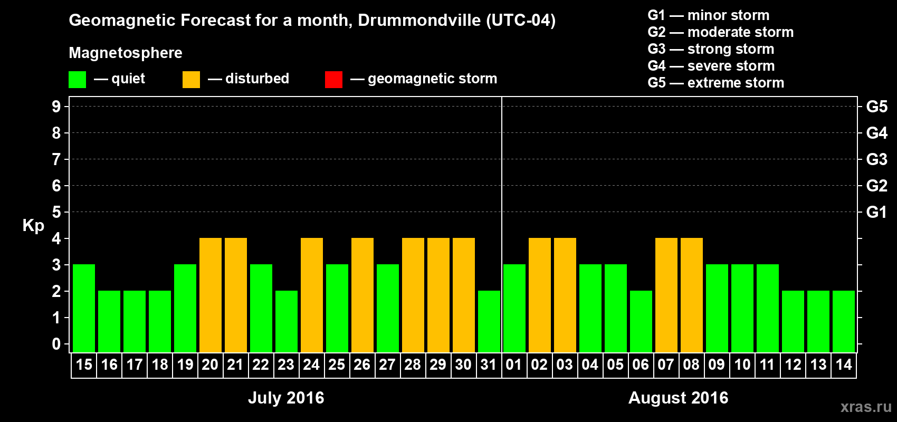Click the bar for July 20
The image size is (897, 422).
tap(211, 295)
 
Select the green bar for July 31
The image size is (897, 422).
tap(489, 321)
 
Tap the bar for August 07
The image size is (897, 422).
tap(666, 295)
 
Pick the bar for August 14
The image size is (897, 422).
tap(844, 321)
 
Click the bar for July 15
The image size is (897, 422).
tap(84, 308)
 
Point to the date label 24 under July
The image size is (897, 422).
tap(311, 365)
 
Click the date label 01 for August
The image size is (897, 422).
tap(514, 365)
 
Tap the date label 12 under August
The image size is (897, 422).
tap(793, 365)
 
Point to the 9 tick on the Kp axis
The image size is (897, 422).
tap(56, 107)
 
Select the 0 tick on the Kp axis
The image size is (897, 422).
tap(56, 344)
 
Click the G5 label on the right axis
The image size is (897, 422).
tap(876, 107)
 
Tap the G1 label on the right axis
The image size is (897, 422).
tap(876, 212)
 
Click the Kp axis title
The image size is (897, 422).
tap(33, 225)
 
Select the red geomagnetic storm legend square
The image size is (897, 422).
tap(333, 80)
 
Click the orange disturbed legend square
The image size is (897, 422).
tap(191, 80)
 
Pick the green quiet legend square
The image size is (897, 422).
tap(77, 80)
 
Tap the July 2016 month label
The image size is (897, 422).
tap(286, 398)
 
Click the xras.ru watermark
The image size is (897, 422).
tap(866, 407)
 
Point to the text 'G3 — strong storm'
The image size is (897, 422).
tap(711, 49)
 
